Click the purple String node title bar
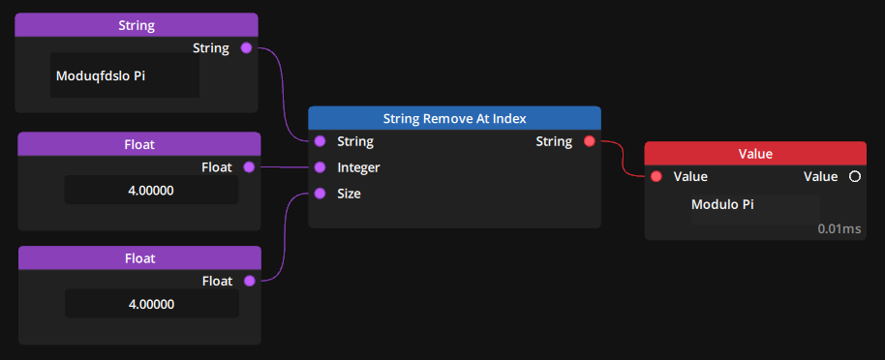[137, 24]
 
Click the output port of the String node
[246, 47]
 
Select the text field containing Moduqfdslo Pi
[125, 75]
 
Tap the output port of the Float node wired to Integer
[249, 167]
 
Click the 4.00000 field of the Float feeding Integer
[151, 191]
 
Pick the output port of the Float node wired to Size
[249, 281]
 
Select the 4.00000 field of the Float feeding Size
[151, 304]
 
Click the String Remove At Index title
[455, 118]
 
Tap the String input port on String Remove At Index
[320, 141]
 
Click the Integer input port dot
[320, 167]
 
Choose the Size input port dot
[320, 194]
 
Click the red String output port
[590, 141]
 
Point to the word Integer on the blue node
[358, 167]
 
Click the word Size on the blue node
[350, 194]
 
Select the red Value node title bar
[755, 153]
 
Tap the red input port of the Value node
[656, 176]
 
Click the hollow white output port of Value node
[854, 176]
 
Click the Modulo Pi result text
[722, 204]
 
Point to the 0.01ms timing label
[839, 229]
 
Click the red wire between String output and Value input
[623, 161]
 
